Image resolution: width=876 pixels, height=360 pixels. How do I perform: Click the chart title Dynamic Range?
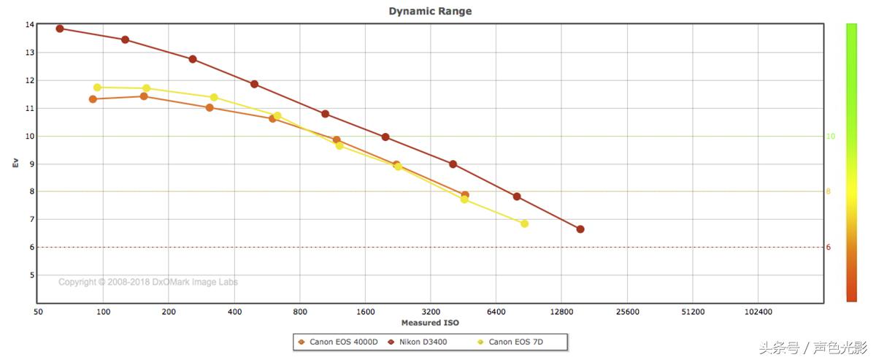(x=429, y=11)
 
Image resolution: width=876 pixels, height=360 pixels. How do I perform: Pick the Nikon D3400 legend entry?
(x=423, y=342)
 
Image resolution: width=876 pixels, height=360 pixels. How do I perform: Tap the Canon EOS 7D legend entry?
(x=515, y=342)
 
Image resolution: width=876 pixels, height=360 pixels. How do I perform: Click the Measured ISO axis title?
(x=430, y=323)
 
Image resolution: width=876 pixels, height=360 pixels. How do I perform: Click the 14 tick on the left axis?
(x=29, y=25)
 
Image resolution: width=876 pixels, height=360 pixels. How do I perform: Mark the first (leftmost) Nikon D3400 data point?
(x=60, y=28)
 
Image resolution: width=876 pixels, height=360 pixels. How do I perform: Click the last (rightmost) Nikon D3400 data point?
(x=580, y=229)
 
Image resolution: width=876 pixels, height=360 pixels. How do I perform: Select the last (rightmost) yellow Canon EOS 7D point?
(x=524, y=223)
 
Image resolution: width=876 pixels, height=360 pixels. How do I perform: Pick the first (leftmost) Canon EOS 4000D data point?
(x=93, y=99)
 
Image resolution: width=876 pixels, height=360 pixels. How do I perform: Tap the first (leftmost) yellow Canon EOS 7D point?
(x=97, y=88)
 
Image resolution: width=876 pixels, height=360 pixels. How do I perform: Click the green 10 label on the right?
(x=830, y=137)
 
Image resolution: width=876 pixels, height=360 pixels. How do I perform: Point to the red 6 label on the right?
(x=828, y=248)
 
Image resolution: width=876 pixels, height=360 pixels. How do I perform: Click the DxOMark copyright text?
(x=147, y=283)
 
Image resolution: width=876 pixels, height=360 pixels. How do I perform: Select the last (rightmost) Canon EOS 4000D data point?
(x=465, y=195)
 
